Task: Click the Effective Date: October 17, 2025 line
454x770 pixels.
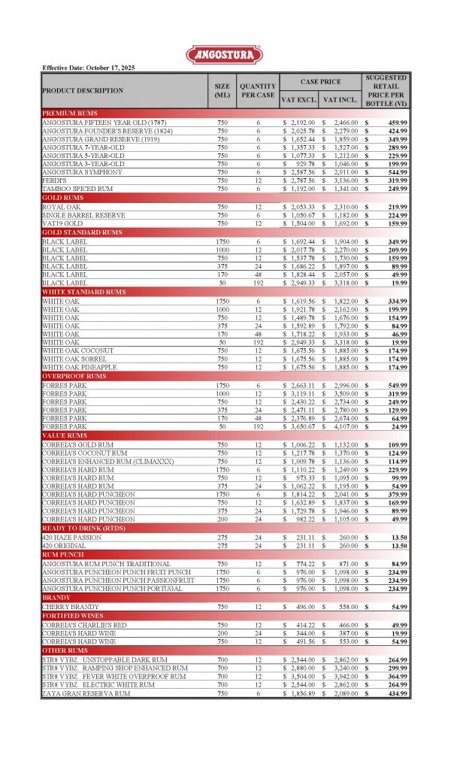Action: (x=89, y=68)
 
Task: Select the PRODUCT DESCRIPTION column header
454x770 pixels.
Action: (x=83, y=90)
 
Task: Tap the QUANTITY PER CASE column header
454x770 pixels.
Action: (x=257, y=90)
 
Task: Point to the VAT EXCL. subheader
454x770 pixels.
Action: (x=299, y=99)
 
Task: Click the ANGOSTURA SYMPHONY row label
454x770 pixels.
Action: (x=83, y=172)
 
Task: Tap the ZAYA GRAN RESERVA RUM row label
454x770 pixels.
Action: (x=86, y=693)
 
